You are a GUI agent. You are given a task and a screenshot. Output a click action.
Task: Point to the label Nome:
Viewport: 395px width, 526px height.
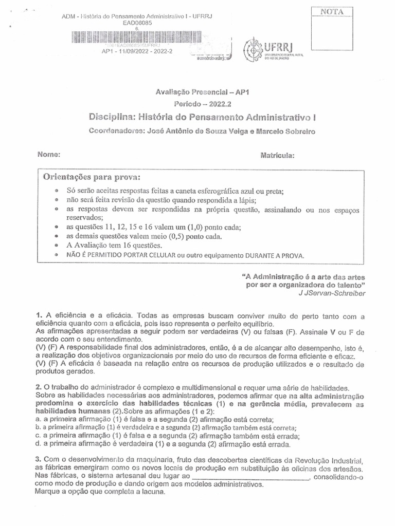pos(49,155)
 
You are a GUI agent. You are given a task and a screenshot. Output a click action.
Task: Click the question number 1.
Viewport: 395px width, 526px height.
pos(38,314)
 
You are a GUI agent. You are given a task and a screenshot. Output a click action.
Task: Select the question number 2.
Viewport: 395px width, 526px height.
pos(38,386)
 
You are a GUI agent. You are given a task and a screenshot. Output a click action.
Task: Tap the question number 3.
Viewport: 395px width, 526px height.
pos(38,459)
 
